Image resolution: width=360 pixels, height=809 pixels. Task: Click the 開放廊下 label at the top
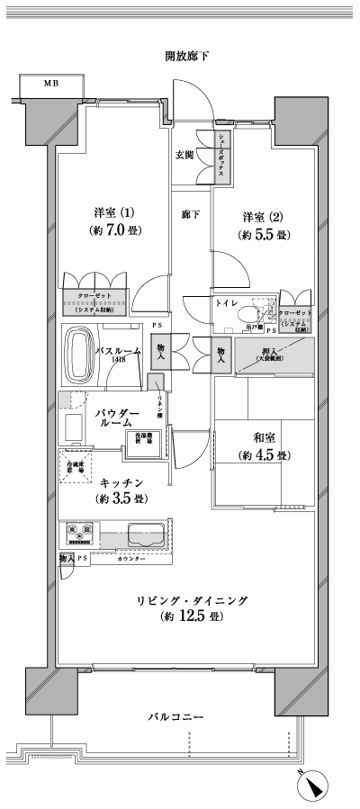[x=187, y=57]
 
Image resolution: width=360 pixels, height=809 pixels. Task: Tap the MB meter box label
[x=51, y=84]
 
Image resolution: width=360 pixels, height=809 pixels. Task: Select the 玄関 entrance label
[x=186, y=154]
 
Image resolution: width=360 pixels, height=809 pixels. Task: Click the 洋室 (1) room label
[x=114, y=213]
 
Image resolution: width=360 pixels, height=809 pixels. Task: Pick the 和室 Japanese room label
[x=264, y=437]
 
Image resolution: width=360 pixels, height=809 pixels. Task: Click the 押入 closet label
[x=270, y=353]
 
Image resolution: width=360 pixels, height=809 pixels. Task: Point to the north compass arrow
[x=315, y=786]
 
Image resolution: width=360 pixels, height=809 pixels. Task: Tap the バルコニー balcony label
[x=176, y=718]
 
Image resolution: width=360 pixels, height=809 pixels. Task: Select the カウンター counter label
[x=133, y=560]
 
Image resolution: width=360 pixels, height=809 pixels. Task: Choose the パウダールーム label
[x=115, y=416]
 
